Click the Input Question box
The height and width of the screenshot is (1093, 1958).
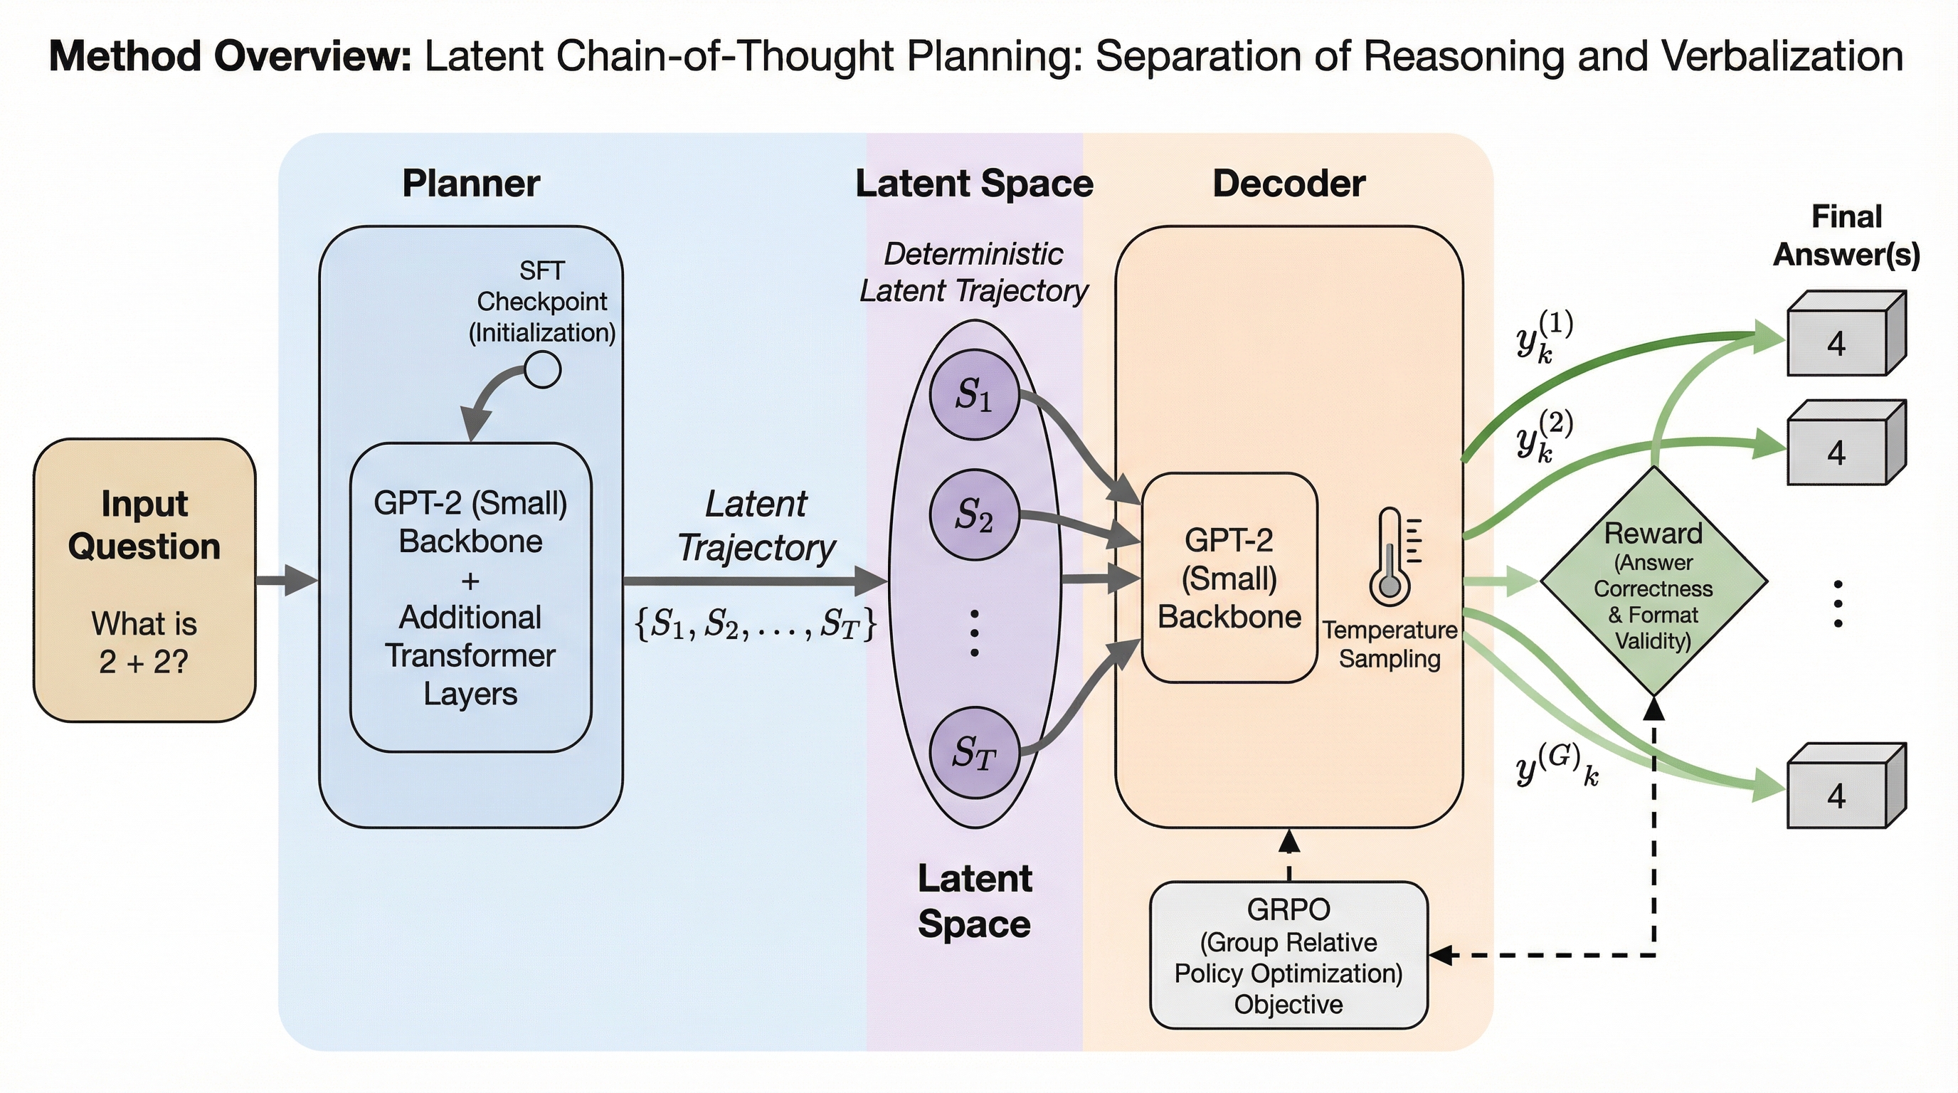144,580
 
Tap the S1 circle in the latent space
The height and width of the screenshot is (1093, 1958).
974,394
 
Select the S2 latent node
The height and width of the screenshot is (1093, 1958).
974,515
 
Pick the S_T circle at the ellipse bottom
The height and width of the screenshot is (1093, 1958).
974,754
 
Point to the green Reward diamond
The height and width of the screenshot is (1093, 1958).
1653,581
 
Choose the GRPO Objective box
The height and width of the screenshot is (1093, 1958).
1288,956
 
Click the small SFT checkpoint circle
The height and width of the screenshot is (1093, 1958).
543,370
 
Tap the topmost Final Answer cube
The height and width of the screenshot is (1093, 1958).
1845,335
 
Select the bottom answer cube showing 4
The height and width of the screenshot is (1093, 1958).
1845,787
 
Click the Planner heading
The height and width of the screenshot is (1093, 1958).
470,183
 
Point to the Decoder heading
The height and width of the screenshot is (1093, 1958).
1288,183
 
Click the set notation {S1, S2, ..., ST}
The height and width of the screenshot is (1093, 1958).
756,624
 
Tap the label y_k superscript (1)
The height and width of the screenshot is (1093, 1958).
1543,338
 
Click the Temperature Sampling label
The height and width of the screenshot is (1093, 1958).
1390,644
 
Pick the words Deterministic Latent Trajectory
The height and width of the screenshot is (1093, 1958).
974,272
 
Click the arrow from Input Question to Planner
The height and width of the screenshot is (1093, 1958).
287,581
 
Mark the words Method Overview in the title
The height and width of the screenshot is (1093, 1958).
230,56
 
